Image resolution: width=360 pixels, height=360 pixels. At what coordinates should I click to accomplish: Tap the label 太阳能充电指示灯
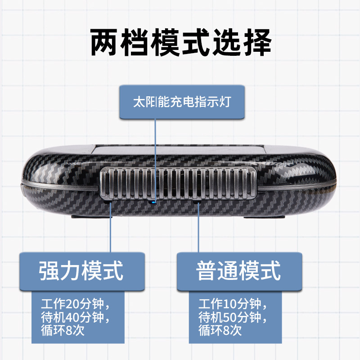click(182, 101)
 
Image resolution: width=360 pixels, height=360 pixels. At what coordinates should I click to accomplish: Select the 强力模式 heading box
click(82, 271)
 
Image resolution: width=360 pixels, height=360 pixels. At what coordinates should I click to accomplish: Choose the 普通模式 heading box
click(239, 271)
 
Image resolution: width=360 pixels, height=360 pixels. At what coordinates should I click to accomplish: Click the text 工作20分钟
click(74, 301)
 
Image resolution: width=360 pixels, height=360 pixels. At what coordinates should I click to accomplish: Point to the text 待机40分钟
click(74, 316)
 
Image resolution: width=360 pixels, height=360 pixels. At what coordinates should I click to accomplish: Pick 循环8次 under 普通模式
click(220, 332)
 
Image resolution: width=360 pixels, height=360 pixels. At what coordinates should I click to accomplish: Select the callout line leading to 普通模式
click(198, 234)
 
